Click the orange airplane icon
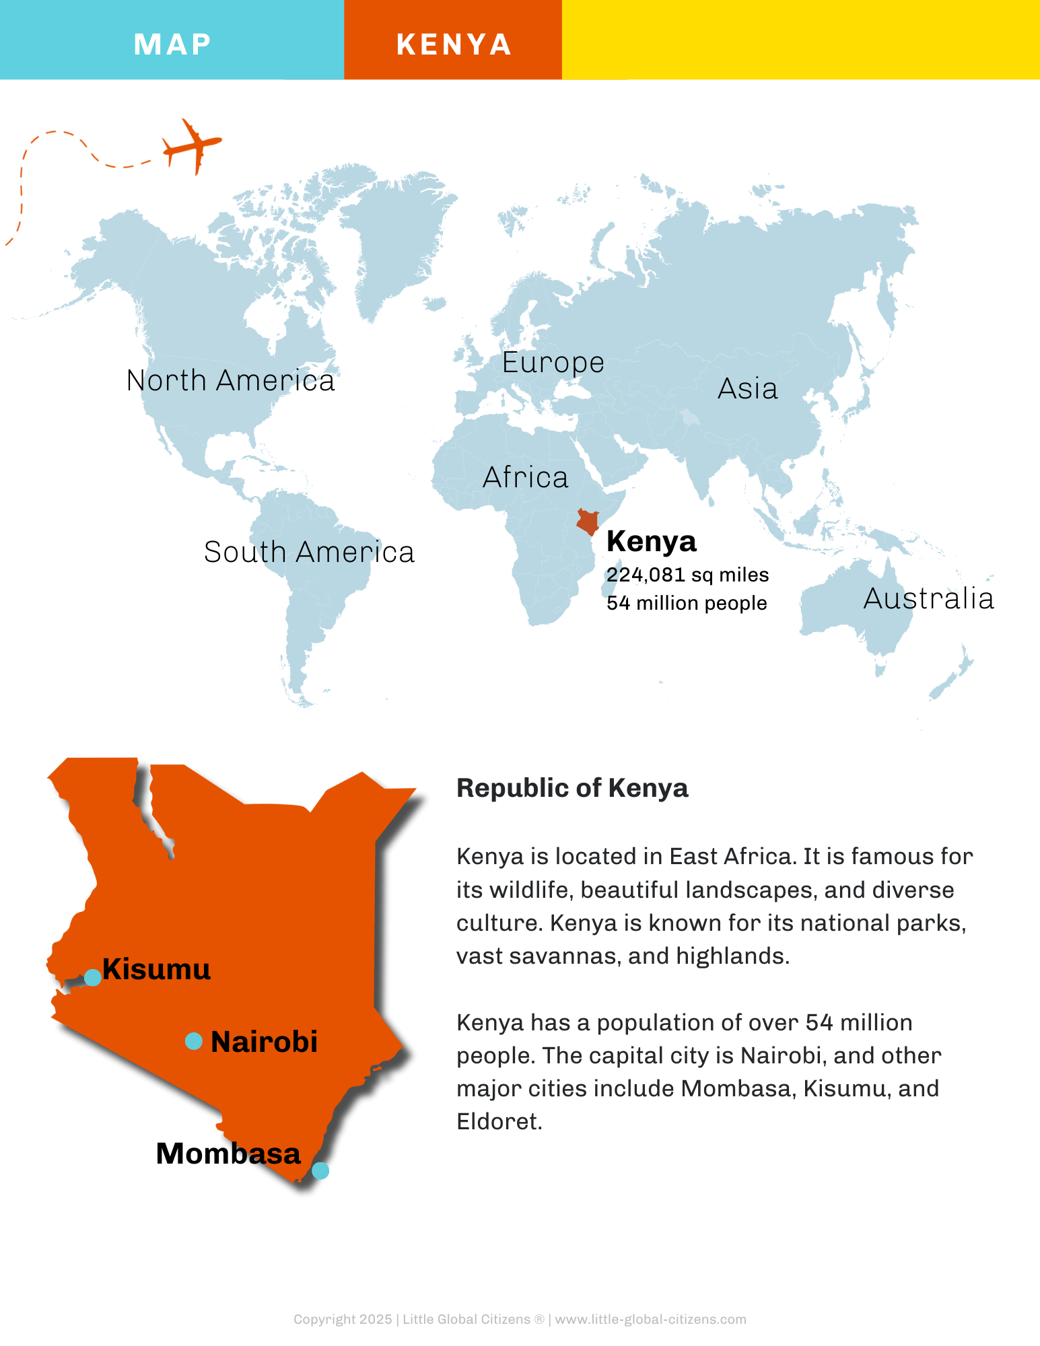click(193, 145)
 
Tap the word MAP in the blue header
click(172, 44)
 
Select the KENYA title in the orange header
click(454, 44)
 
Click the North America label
click(230, 381)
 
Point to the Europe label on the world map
click(553, 363)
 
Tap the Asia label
click(747, 389)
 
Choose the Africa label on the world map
click(525, 478)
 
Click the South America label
click(309, 553)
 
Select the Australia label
click(928, 599)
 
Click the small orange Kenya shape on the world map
click(588, 522)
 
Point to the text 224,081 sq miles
click(687, 575)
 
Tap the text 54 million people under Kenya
click(687, 603)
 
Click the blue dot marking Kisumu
click(93, 977)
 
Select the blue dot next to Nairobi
click(194, 1041)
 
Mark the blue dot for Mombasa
click(320, 1170)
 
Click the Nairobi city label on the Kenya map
click(264, 1042)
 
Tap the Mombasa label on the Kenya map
click(228, 1154)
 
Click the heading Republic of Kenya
click(572, 788)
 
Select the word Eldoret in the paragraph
click(498, 1122)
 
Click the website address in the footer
click(650, 1319)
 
